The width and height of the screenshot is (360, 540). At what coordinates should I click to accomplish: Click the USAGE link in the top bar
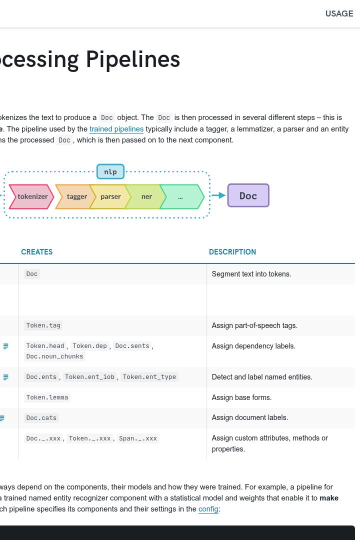339,13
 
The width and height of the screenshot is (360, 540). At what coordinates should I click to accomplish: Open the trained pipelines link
116,129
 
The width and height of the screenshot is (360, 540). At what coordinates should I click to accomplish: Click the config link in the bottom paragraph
208,509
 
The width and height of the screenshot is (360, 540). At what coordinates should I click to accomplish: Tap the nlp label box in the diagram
110,171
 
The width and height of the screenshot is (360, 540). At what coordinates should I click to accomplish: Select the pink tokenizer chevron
31,196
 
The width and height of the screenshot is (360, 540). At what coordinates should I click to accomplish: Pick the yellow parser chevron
110,196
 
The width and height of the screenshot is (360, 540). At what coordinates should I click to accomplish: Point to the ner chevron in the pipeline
146,196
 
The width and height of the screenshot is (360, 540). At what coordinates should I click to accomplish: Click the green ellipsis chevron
182,196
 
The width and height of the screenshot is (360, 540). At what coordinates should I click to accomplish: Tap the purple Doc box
248,195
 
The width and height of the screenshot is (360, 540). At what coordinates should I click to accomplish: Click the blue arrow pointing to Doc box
218,195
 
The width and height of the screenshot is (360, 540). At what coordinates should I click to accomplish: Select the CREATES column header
37,251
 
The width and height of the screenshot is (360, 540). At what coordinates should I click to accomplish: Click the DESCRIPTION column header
232,251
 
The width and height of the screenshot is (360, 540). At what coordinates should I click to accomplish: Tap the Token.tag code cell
43,325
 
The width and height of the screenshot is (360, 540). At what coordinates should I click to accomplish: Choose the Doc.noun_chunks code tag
55,356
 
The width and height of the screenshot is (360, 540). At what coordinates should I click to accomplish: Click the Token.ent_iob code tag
89,377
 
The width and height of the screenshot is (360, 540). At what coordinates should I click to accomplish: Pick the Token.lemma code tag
47,397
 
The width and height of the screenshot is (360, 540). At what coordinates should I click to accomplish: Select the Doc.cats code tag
41,418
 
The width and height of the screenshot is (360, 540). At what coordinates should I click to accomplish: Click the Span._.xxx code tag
138,438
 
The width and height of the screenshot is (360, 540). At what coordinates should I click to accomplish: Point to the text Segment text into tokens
251,274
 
